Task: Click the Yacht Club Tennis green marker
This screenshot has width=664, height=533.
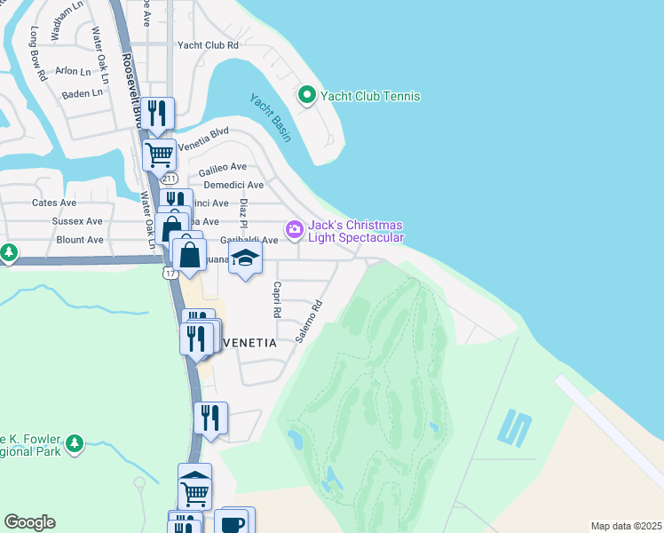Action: tap(307, 95)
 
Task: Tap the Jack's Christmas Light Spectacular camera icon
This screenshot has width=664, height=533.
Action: tap(294, 231)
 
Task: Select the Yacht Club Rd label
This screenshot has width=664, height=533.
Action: tap(209, 44)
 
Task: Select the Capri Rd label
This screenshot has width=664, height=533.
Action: tap(277, 300)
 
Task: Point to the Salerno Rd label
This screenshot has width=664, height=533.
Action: tap(309, 321)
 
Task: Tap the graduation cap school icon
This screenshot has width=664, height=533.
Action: tap(246, 259)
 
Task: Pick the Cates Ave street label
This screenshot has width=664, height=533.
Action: tap(55, 203)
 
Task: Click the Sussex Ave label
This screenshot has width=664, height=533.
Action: tap(77, 221)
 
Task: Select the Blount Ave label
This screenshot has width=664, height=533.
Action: tap(79, 240)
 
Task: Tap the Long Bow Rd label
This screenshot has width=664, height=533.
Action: tap(37, 53)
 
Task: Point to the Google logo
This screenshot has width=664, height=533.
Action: tap(29, 522)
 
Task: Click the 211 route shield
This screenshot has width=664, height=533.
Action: tap(170, 179)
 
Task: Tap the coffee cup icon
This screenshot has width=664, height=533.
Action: tap(232, 522)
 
